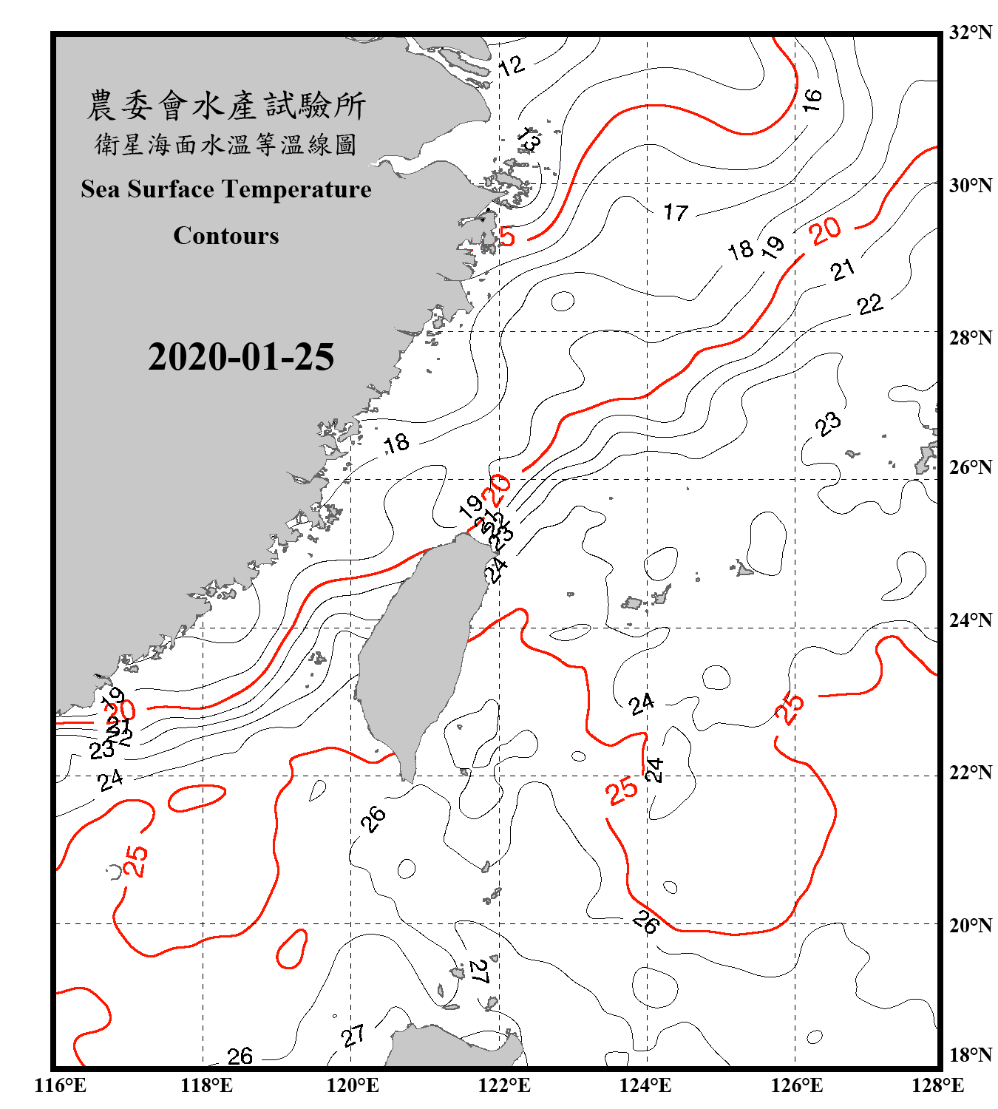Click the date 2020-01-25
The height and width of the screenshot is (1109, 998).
click(x=241, y=357)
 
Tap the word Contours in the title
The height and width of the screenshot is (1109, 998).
click(x=226, y=235)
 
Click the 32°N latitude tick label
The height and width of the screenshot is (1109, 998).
click(x=971, y=33)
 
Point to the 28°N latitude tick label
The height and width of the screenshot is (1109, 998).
click(x=971, y=338)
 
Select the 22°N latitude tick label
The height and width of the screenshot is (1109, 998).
click(x=971, y=773)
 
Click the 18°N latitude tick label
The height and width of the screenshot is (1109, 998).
click(x=971, y=1055)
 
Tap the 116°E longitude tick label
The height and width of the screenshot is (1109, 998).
click(x=61, y=1085)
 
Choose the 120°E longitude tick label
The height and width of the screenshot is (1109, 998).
click(x=353, y=1085)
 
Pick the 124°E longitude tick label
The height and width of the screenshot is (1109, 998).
click(x=645, y=1085)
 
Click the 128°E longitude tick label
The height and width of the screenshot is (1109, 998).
click(x=937, y=1085)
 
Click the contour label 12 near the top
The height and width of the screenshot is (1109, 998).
click(x=512, y=66)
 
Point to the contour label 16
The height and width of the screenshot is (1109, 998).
click(x=812, y=99)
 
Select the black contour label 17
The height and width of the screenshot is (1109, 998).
click(x=676, y=213)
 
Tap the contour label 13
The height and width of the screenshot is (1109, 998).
click(x=529, y=138)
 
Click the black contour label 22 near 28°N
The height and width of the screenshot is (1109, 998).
click(x=870, y=304)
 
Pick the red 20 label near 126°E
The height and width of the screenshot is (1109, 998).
click(x=825, y=231)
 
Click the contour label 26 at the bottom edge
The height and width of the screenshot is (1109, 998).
click(x=240, y=1057)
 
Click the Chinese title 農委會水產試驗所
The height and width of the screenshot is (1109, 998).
click(x=226, y=106)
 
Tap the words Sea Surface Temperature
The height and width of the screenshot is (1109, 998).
click(x=226, y=189)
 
